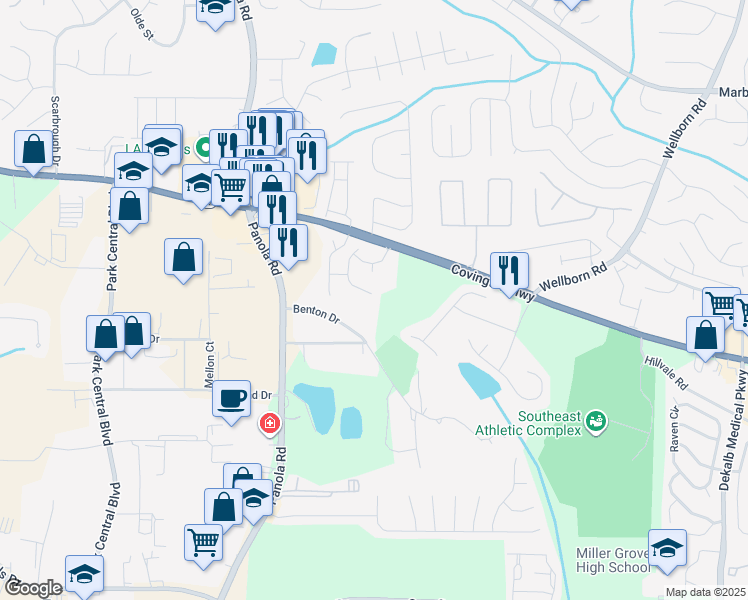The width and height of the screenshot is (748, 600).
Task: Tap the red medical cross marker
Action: point(269,424)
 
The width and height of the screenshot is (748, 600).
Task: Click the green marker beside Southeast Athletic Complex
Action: point(597,421)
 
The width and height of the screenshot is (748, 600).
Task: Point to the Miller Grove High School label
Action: point(613,561)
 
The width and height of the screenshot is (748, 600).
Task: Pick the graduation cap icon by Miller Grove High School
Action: point(667,548)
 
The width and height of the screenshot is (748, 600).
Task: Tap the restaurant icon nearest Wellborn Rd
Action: point(509,270)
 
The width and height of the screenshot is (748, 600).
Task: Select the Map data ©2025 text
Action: point(706,592)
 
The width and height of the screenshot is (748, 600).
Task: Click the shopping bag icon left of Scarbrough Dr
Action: point(33,149)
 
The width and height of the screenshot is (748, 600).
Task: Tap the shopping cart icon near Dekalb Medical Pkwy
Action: point(722,304)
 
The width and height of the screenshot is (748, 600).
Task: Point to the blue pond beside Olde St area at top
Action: point(323,54)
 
